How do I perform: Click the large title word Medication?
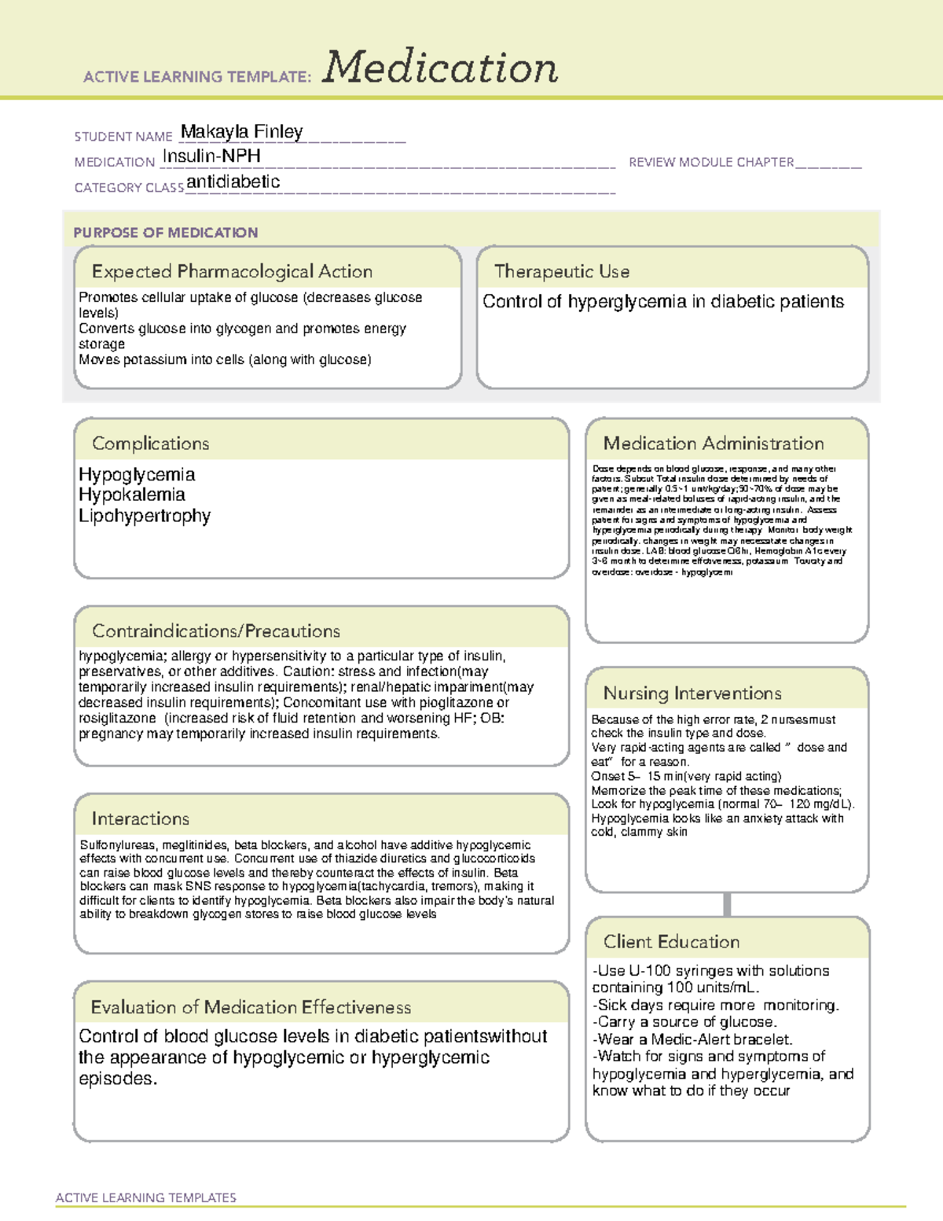[440, 68]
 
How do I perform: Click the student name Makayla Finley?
[241, 132]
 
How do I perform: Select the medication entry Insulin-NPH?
[211, 156]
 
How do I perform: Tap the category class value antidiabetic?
[233, 182]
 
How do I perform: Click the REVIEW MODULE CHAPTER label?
[710, 162]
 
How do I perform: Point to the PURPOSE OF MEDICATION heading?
[165, 233]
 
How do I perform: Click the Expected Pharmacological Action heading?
[232, 271]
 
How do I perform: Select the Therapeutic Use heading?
[561, 271]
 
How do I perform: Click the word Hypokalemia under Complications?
[131, 495]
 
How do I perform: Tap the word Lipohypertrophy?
[145, 516]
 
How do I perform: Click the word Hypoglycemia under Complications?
[137, 474]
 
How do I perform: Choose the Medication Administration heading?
[713, 443]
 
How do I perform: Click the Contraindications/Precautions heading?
[215, 631]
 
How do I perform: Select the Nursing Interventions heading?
[692, 693]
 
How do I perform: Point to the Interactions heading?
[140, 819]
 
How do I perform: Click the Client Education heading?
[671, 942]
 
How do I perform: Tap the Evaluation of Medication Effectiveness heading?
[251, 1007]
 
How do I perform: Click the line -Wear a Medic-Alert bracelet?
[692, 1039]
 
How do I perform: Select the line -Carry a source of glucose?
[684, 1022]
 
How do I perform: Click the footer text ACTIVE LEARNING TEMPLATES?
[145, 1197]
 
